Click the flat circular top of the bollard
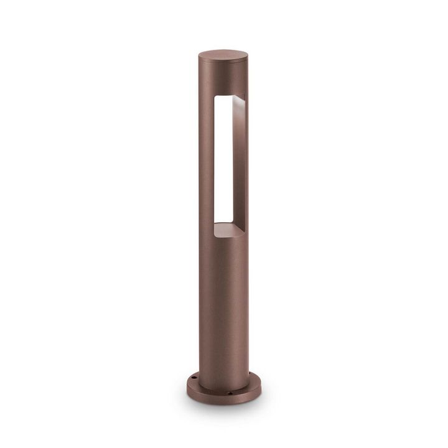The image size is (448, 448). tap(223, 55)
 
